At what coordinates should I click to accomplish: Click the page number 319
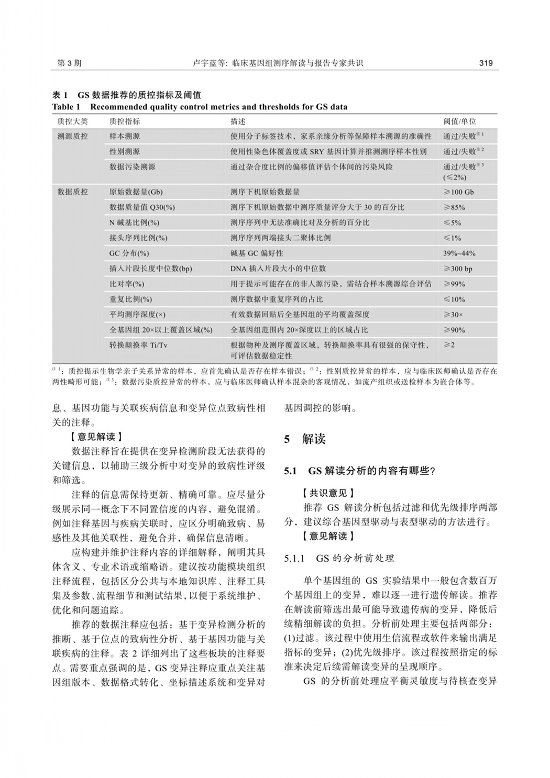[486, 63]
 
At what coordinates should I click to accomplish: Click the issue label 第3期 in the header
[69, 63]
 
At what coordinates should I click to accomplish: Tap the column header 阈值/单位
[459, 121]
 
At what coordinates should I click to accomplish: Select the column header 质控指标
[125, 121]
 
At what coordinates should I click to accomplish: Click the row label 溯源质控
[73, 136]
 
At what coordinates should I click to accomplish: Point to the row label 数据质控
[73, 192]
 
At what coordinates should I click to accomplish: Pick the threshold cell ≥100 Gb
[458, 192]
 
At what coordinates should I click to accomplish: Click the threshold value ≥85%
[454, 207]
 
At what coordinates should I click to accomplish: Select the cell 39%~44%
[459, 253]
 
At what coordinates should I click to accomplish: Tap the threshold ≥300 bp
[458, 269]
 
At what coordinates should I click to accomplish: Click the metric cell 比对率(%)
[127, 284]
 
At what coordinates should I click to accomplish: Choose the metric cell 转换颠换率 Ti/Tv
[139, 346]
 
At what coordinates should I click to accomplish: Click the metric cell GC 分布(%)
[129, 253]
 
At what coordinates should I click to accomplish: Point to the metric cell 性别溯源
[125, 151]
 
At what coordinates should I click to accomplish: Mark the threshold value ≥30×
[454, 315]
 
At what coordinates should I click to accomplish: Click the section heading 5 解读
[305, 439]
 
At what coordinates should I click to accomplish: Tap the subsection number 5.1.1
[294, 558]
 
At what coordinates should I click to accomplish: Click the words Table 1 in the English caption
[66, 107]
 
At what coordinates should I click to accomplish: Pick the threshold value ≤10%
[454, 299]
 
